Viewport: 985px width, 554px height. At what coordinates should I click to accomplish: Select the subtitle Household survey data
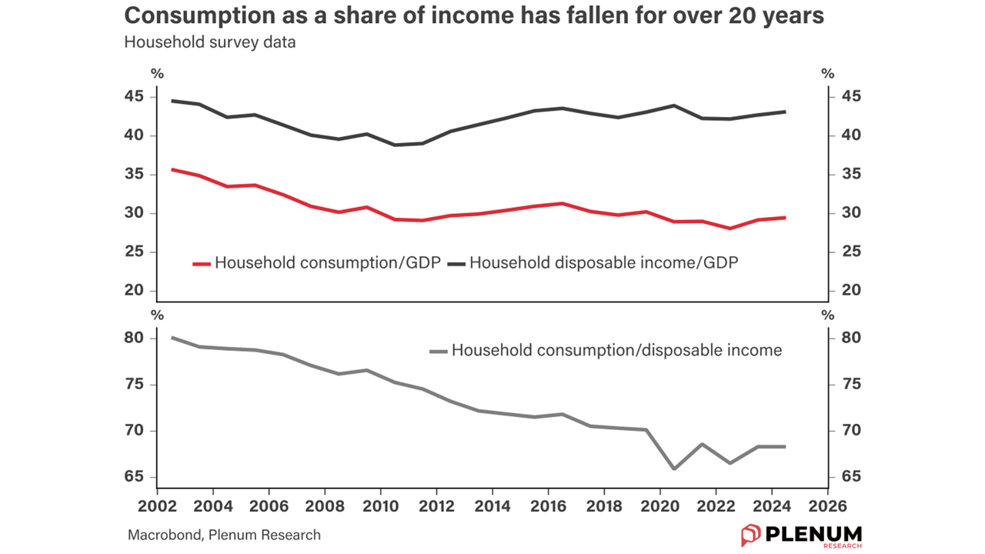coord(209,42)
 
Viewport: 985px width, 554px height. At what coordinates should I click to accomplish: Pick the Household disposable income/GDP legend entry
coord(593,262)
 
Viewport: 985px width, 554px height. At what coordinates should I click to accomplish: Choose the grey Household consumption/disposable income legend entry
coord(606,351)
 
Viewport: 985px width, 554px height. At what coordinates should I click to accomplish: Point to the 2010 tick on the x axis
coord(380,506)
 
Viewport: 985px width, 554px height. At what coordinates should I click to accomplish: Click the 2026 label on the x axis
coord(827,506)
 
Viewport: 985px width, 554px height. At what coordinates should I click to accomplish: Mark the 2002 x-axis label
coord(157,506)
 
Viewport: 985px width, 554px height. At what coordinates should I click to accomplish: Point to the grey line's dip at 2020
coord(674,469)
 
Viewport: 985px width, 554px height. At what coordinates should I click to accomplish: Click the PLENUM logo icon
coord(750,535)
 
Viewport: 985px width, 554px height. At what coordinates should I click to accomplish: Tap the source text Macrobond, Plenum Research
coord(224,535)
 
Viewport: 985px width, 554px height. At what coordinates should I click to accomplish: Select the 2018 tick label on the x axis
coord(604,506)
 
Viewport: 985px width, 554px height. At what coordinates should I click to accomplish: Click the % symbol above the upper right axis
coord(828,75)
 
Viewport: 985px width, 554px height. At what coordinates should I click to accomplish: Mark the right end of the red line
coord(785,218)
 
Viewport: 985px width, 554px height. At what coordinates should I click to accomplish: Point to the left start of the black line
coord(172,101)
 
